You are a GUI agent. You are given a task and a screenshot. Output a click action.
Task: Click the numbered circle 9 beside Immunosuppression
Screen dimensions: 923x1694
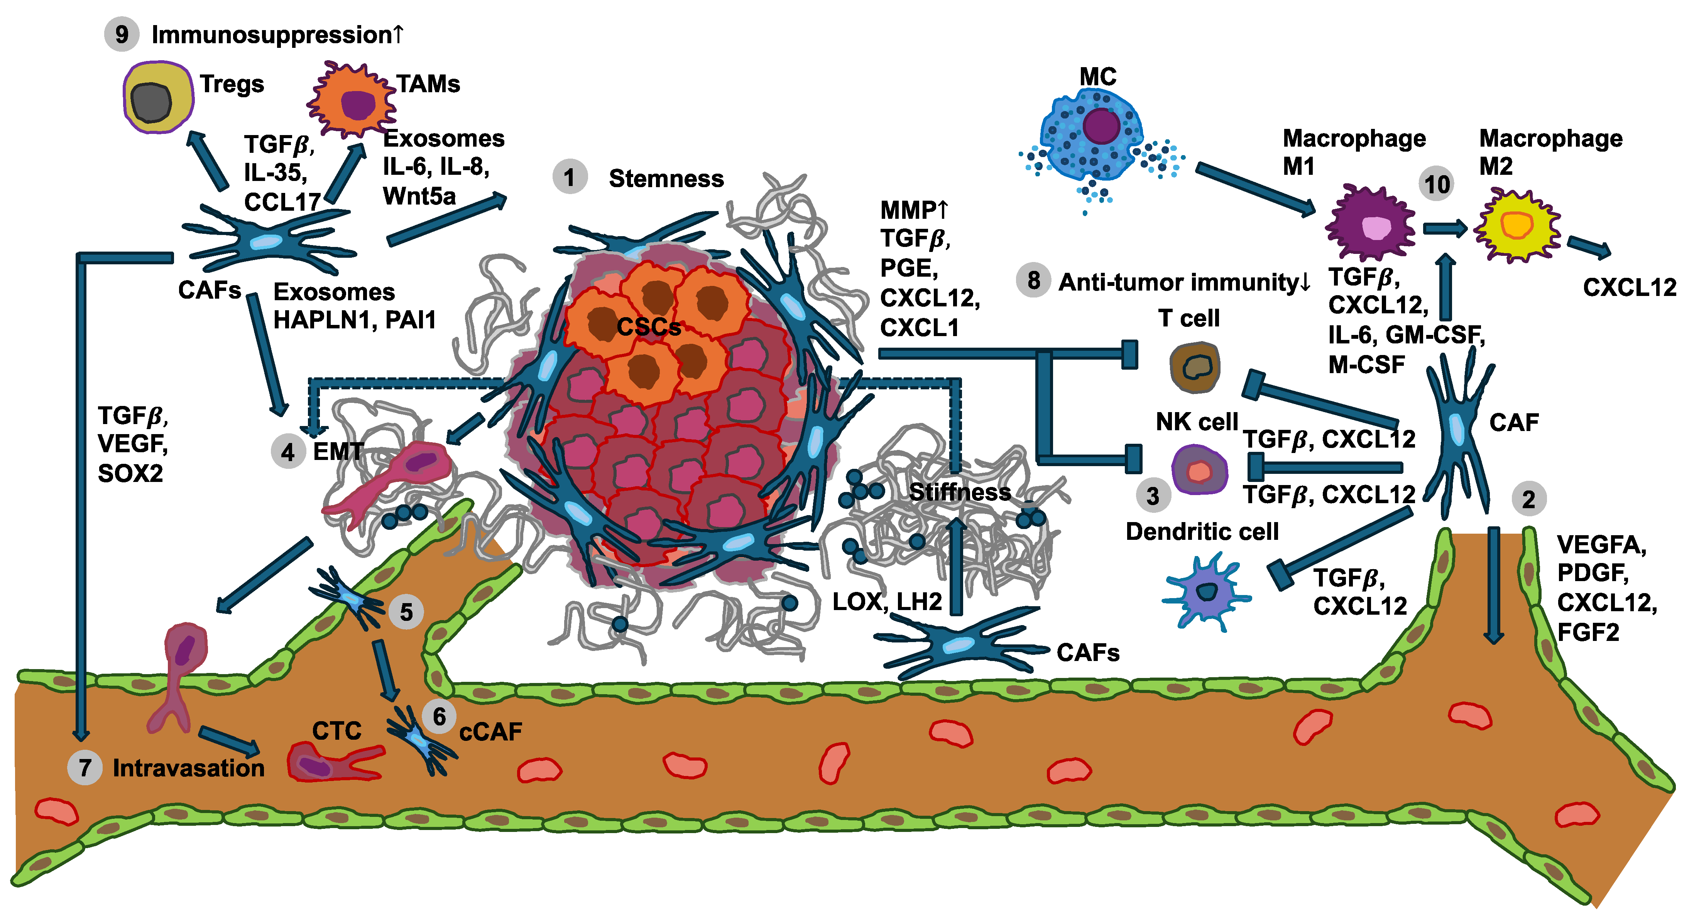point(122,34)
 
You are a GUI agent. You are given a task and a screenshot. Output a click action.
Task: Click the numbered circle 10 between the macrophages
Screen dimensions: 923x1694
point(1437,184)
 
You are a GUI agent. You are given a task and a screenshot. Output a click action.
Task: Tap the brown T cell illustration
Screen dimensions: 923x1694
point(1195,367)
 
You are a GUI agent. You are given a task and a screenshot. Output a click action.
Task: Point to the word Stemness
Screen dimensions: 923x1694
point(666,179)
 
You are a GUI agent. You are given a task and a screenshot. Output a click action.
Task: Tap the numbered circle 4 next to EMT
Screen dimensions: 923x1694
point(288,452)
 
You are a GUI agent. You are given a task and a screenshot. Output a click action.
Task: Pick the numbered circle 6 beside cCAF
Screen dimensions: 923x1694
point(439,717)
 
